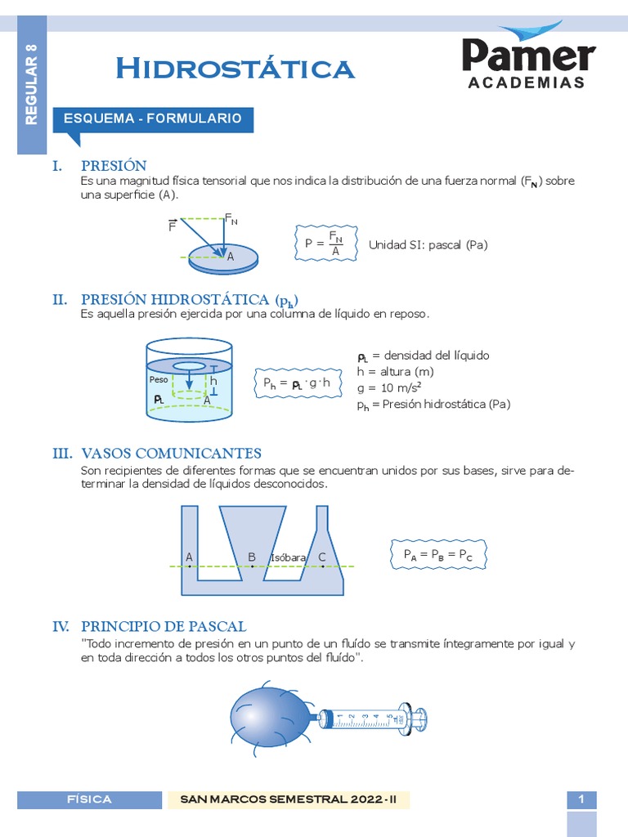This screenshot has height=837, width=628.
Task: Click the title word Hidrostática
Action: point(235,69)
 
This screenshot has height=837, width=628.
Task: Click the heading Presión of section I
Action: point(114,166)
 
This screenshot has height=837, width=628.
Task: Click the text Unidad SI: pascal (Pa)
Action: point(428,244)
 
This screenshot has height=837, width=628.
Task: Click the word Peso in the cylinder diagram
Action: point(158,380)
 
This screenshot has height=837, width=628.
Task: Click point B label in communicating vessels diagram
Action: point(252,557)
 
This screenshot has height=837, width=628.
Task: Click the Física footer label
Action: point(90,799)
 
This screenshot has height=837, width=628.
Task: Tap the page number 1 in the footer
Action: point(581,799)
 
